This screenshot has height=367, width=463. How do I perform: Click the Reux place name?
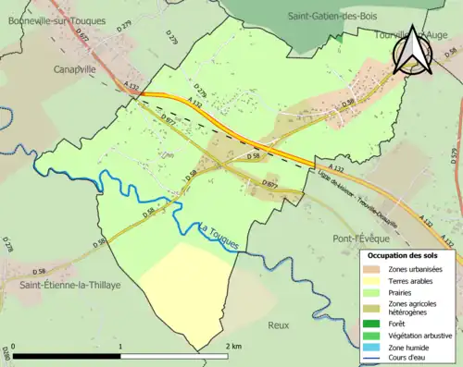[278, 325]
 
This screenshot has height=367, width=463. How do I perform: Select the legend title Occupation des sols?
[405, 254]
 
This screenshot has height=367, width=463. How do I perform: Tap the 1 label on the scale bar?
[119, 346]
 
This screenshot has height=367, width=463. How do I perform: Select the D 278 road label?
[8, 245]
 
